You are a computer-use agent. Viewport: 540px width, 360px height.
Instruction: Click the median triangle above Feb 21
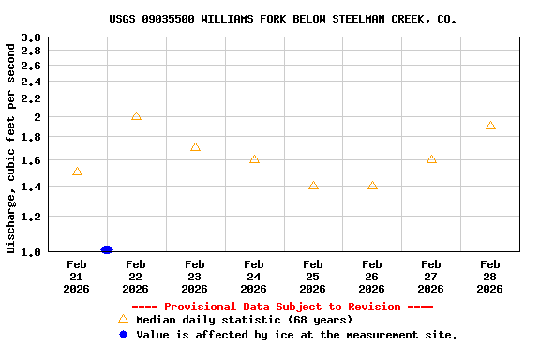77,172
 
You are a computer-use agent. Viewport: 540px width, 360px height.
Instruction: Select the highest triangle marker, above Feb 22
136,116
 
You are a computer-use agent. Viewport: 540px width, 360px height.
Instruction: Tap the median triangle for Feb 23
195,147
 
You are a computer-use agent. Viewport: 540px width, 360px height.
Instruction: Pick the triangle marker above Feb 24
254,159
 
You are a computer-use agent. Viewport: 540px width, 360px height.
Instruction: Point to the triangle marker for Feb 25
313,186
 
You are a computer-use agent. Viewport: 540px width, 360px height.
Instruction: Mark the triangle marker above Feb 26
372,186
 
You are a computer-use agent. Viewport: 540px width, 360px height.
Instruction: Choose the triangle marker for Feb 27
431,159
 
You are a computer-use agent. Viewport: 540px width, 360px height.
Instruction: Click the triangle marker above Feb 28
490,126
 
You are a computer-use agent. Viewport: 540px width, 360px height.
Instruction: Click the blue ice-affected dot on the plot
106,249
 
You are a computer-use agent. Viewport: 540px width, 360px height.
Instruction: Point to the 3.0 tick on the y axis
31,37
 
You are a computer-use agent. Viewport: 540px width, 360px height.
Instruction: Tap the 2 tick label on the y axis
37,117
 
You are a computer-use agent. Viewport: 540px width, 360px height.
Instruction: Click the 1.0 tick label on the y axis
31,251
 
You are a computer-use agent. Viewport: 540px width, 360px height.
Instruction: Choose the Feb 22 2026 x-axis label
136,277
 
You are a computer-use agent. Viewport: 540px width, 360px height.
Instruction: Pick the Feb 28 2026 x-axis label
490,277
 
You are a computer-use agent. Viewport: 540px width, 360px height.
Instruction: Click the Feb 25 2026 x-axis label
313,277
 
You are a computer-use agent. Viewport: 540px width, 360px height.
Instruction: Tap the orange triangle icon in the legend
123,319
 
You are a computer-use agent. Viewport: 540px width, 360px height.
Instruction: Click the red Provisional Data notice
282,307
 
